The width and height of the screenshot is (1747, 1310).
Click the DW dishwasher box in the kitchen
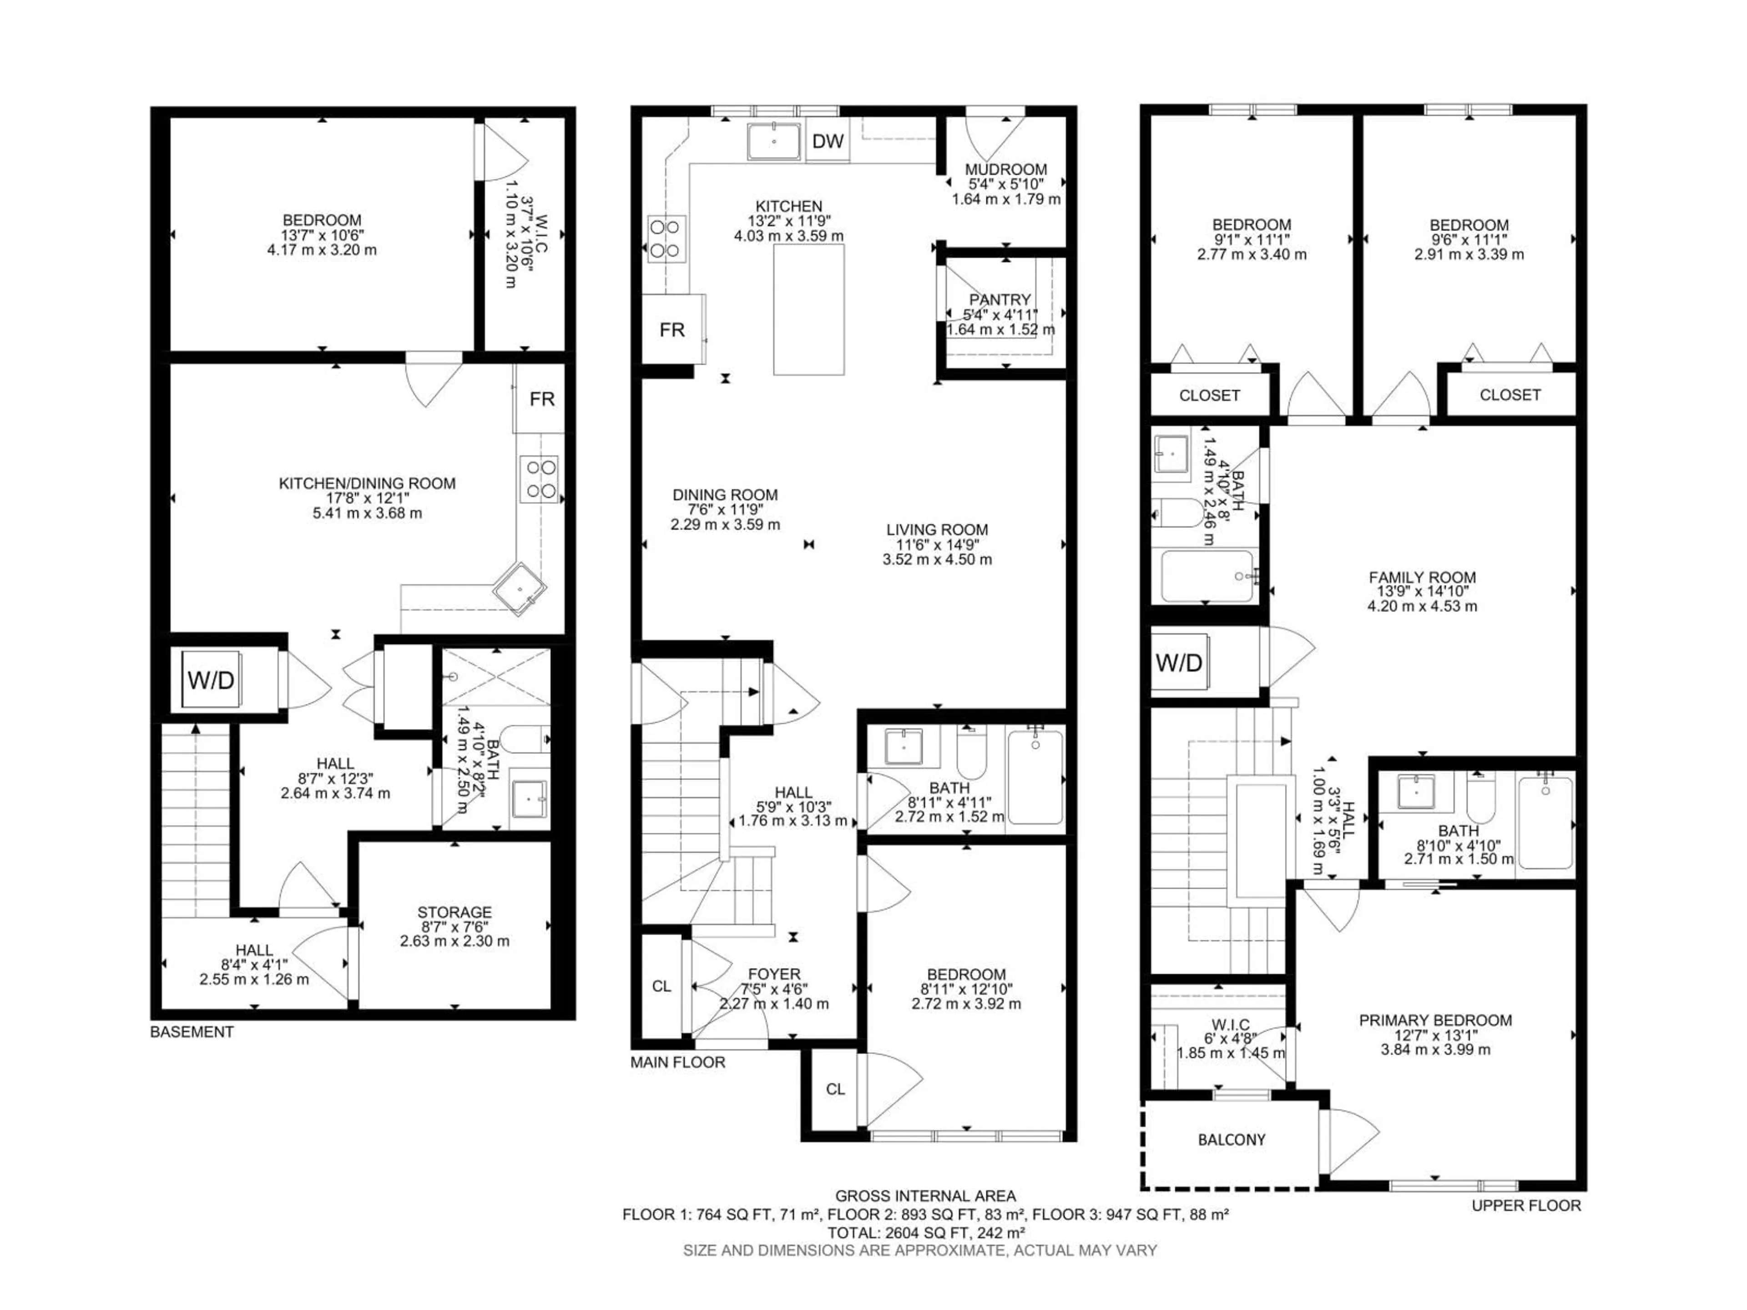coord(828,142)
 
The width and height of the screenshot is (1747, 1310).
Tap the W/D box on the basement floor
coord(211,679)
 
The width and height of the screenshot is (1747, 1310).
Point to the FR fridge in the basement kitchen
coord(542,399)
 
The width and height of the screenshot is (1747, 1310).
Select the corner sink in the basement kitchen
coord(520,588)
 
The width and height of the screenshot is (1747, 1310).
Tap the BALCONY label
coord(1231,1139)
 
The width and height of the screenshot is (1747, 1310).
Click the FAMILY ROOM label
coord(1422,577)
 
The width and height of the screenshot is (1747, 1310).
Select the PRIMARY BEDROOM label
coord(1435,1020)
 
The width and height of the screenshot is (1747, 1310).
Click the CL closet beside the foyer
coord(661,986)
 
